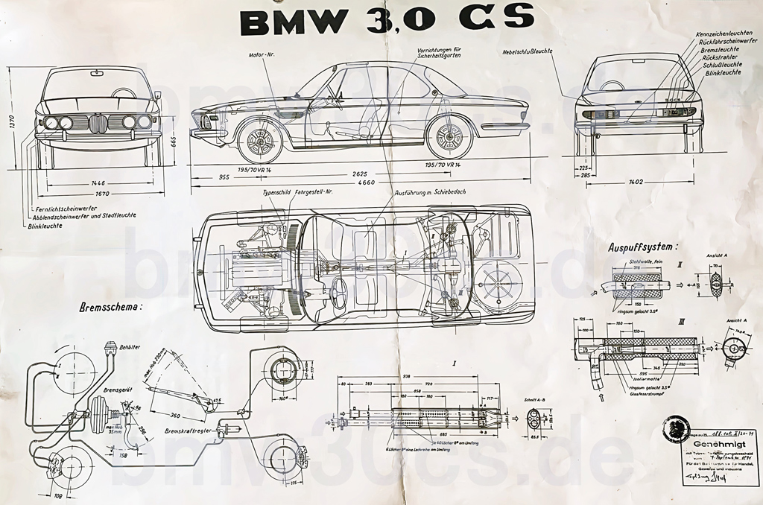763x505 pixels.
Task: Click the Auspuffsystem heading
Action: coord(643,246)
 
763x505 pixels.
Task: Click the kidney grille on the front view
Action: coord(98,123)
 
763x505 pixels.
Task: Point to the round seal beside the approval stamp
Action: coord(675,429)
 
